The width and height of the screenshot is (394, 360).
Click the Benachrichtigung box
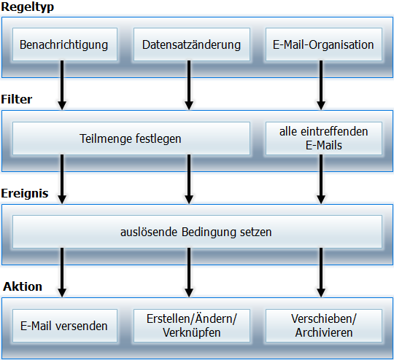(x=65, y=44)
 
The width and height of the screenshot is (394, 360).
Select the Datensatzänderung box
(x=192, y=44)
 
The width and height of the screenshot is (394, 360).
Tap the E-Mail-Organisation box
(x=324, y=44)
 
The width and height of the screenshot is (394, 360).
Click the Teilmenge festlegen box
(x=131, y=138)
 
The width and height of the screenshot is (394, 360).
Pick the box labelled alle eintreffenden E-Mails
(x=324, y=138)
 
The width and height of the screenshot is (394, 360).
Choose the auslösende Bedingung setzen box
(x=197, y=232)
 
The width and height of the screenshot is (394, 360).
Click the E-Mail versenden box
(x=65, y=326)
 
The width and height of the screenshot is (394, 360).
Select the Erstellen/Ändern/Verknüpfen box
(x=192, y=326)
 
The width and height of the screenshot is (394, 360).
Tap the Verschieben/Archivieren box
(x=324, y=326)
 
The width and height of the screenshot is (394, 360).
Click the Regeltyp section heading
(x=28, y=7)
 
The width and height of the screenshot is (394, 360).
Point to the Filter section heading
(x=17, y=99)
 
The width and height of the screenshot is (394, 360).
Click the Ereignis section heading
(x=25, y=194)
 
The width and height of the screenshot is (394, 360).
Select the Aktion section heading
(x=23, y=286)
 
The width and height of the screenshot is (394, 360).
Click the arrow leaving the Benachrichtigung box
(x=62, y=85)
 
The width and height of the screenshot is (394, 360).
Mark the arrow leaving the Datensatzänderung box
(x=189, y=85)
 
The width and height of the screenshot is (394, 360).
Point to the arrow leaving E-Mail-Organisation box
(x=321, y=85)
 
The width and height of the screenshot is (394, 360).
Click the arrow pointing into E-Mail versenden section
(x=62, y=273)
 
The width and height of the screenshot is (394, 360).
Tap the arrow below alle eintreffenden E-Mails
(x=321, y=179)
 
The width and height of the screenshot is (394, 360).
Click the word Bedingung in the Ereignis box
(x=209, y=232)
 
